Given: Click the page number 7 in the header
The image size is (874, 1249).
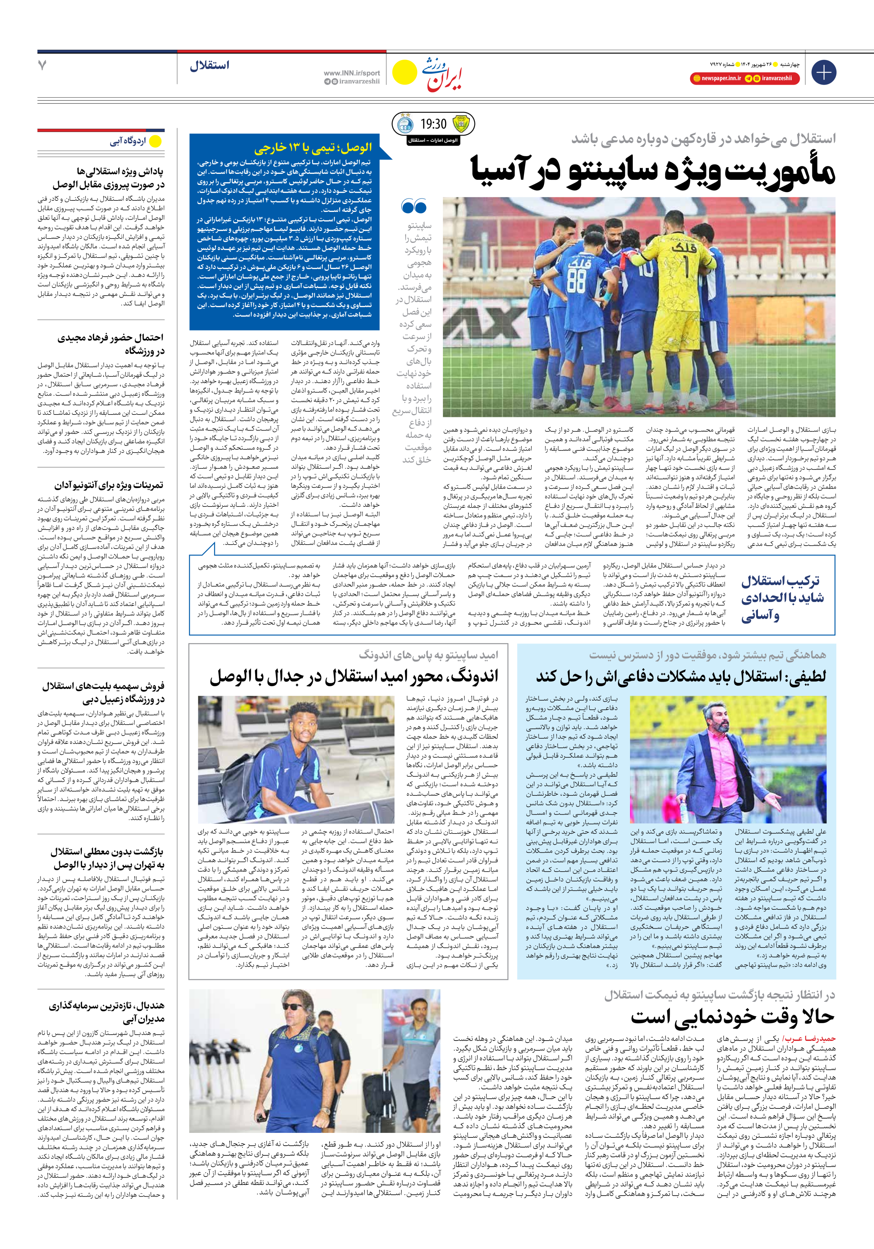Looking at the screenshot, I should [42, 66].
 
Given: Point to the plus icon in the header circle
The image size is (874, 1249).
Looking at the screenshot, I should [823, 72].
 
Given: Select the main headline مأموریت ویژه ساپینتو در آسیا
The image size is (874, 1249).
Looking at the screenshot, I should [653, 171].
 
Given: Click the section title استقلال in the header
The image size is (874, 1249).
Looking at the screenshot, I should [210, 66].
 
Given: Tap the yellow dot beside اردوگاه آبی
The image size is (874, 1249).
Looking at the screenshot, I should [156, 141].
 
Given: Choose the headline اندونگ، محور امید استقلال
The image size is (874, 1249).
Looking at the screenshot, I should [353, 677].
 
